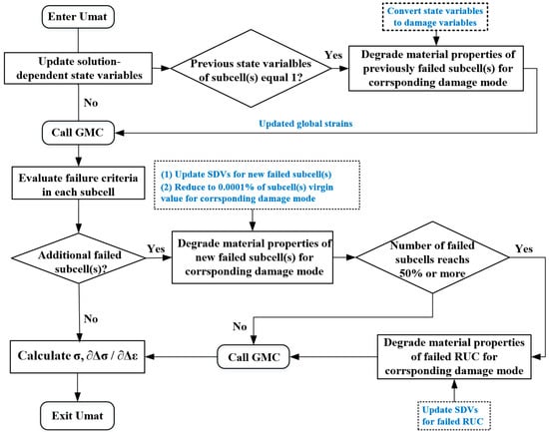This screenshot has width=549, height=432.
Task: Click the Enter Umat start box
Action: [x=78, y=16]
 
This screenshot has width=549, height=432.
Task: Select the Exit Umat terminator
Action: [x=78, y=416]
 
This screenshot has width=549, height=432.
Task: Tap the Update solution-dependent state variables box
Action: [x=78, y=68]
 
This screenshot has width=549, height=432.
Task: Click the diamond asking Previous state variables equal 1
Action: [x=251, y=68]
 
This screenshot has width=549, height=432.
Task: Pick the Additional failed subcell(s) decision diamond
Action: [x=79, y=258]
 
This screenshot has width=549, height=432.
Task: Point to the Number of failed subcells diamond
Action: [x=433, y=257]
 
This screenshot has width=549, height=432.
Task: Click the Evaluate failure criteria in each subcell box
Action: [x=79, y=184]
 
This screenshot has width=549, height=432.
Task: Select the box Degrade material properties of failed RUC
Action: [x=454, y=357]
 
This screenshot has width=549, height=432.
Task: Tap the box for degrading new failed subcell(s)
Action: [x=253, y=257]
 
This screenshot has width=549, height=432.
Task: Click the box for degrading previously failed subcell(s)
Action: [x=436, y=68]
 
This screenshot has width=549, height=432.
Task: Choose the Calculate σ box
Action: [x=78, y=357]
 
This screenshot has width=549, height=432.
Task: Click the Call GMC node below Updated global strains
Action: [x=78, y=133]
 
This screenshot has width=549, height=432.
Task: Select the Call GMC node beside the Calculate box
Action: [x=254, y=357]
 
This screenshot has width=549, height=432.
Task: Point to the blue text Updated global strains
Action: [x=305, y=124]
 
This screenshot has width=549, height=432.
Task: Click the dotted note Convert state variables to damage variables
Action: [x=435, y=17]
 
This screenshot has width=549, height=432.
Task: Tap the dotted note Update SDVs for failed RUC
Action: [x=454, y=416]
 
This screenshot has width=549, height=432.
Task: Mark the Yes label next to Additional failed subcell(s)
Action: [x=156, y=248]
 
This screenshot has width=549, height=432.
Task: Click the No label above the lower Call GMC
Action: [x=240, y=326]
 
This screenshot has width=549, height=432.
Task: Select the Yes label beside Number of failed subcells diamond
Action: [x=524, y=248]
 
